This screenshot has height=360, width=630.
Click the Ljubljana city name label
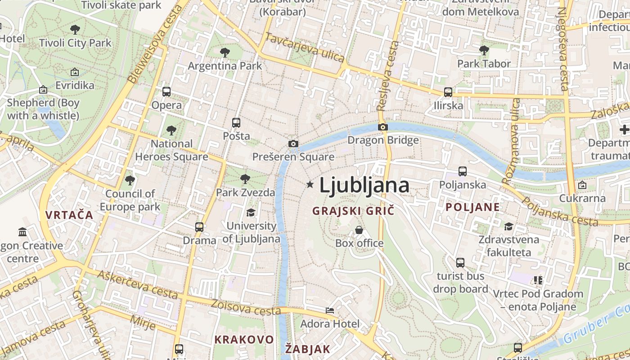coord(364,185)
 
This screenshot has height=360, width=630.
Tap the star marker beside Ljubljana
coord(310,184)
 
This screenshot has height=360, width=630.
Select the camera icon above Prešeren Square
coord(293,144)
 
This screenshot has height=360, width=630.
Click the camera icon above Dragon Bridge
coord(383,127)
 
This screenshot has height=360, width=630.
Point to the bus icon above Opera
coord(166,92)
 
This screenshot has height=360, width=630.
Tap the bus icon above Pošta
coord(236,122)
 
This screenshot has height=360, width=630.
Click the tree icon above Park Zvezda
coord(245,179)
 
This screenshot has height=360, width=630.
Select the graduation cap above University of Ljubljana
coord(251,212)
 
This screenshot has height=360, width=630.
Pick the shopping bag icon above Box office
coord(359,230)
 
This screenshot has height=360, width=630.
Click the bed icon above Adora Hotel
coord(330,310)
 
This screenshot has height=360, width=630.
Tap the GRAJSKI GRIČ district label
coord(353,211)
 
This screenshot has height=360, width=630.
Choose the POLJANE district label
coord(472,207)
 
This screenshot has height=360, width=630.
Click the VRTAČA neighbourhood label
coord(69,215)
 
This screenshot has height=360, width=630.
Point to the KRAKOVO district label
coord(244,339)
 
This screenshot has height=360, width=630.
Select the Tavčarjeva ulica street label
coord(305,47)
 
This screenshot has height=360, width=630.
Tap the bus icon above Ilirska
coord(448,92)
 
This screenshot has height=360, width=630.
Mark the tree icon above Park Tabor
coord(484,50)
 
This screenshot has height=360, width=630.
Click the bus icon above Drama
coord(199,227)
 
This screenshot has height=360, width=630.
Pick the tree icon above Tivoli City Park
coord(75,30)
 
